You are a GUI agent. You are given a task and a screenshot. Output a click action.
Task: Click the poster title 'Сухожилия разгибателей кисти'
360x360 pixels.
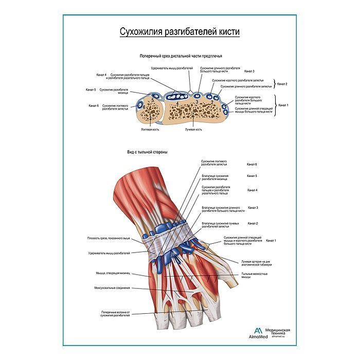179,31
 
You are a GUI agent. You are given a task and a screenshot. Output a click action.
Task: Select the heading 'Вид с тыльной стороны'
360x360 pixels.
148,152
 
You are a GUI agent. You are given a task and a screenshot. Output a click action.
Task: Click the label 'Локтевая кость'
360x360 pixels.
150,130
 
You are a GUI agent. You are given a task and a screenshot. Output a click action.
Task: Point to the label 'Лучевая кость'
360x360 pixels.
193,130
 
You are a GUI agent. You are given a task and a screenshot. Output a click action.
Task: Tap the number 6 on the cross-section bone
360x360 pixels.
144,107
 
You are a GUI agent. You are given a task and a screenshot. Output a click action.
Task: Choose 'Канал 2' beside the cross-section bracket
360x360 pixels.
282,84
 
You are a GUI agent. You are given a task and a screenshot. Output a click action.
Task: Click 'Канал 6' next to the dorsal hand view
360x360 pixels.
252,164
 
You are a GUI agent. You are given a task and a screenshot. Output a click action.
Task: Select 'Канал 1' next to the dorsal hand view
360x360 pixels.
271,240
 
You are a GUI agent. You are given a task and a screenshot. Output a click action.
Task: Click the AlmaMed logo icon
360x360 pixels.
257,331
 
